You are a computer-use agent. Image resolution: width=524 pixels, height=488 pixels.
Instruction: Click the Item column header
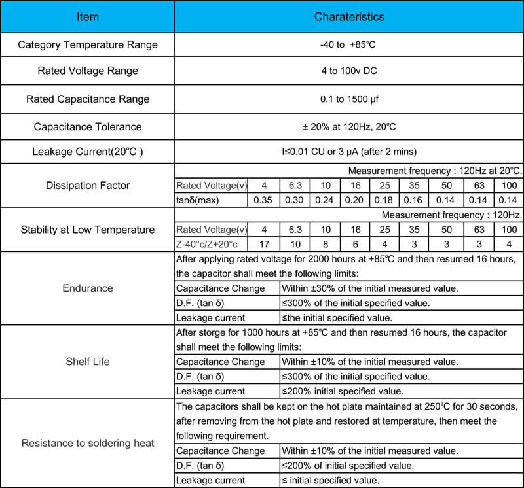(87, 16)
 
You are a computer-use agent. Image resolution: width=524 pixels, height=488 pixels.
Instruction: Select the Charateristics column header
(348, 16)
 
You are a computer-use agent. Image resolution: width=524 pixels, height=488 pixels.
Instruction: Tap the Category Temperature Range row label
(87, 45)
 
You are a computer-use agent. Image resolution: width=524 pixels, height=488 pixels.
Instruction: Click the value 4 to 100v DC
(348, 71)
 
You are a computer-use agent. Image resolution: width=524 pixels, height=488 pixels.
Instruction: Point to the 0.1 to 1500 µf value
(348, 99)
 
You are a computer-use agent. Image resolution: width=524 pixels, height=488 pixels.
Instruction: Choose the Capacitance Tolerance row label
(87, 126)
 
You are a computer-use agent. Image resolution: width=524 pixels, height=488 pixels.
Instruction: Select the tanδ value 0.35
(263, 200)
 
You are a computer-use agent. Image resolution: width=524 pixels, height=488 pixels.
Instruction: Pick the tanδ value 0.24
(325, 200)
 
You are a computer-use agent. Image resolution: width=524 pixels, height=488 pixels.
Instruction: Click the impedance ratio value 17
(263, 244)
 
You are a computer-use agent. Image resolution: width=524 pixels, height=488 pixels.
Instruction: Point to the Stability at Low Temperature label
(87, 230)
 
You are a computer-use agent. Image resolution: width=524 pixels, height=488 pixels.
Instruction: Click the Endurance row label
(87, 288)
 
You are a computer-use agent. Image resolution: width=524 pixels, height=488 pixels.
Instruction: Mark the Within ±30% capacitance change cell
(369, 288)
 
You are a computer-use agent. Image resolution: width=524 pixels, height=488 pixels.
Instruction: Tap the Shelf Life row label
(87, 361)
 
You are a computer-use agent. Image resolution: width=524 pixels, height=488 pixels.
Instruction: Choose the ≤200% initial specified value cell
(342, 391)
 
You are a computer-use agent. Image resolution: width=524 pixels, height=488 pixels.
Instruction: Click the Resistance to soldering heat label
(87, 443)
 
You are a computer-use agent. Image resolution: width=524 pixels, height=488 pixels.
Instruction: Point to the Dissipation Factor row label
(87, 185)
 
